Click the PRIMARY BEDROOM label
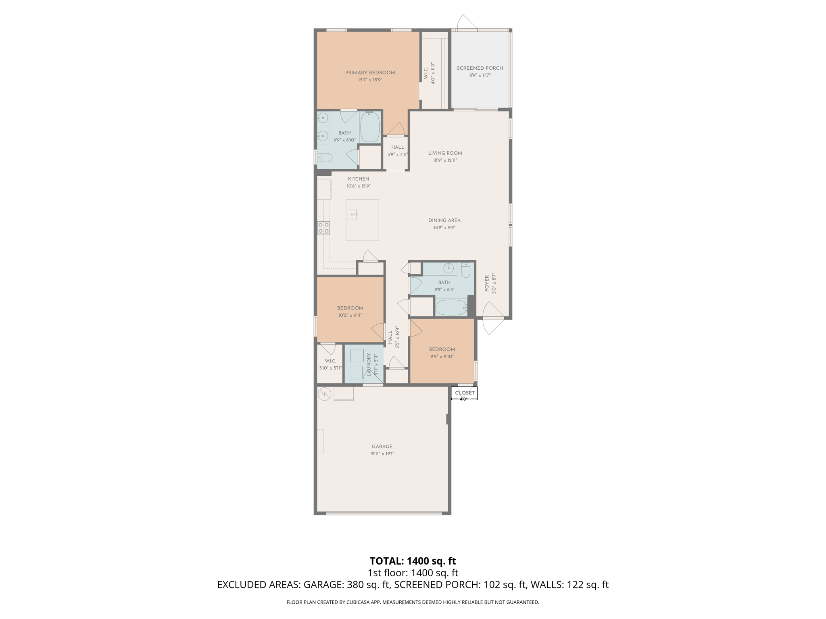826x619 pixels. (370, 73)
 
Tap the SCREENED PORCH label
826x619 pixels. (480, 68)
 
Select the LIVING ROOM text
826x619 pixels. (445, 153)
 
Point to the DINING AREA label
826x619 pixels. (444, 220)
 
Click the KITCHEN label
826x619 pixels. (358, 179)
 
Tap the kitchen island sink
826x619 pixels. (352, 214)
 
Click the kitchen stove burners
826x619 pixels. (323, 228)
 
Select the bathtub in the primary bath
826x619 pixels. (369, 127)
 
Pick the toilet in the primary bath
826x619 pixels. (325, 158)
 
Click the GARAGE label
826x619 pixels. (382, 447)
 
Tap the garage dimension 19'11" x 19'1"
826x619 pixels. (382, 454)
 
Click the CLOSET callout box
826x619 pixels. (465, 393)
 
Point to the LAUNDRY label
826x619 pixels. (369, 365)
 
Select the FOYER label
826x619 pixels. (487, 283)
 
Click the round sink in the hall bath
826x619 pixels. (448, 268)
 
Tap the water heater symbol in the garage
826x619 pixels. (324, 394)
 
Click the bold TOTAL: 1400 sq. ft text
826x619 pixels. (413, 561)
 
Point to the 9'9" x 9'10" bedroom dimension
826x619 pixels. (442, 357)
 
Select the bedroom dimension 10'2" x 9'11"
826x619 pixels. (350, 316)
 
